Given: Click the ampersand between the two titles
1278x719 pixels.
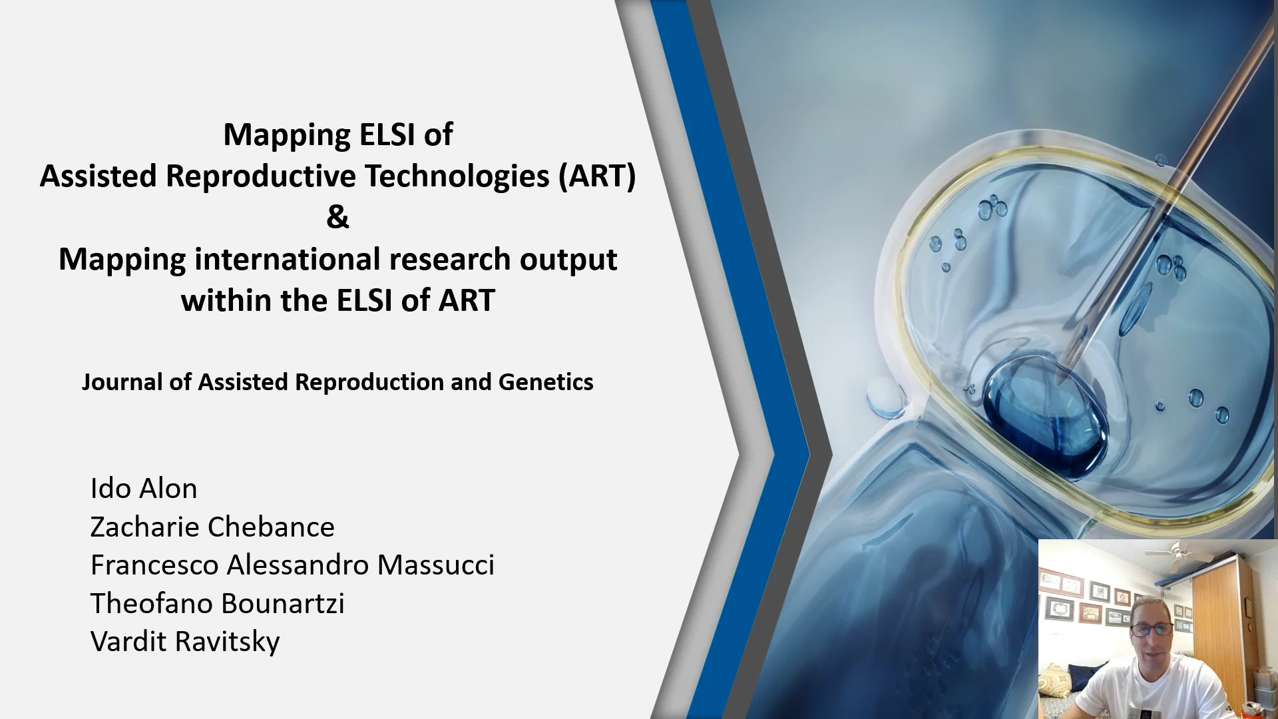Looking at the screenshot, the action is click(337, 217).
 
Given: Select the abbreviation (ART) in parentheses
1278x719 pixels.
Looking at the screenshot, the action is click(597, 176).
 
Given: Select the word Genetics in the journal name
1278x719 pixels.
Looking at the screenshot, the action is click(546, 381).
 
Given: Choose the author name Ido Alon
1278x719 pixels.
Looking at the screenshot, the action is click(144, 489).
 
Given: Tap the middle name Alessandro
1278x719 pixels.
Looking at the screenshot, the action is click(298, 565).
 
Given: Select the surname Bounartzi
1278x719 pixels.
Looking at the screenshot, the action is click(282, 603).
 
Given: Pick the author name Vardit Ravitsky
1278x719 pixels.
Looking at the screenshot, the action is click(185, 642).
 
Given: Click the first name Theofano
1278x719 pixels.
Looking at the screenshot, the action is click(151, 603).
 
